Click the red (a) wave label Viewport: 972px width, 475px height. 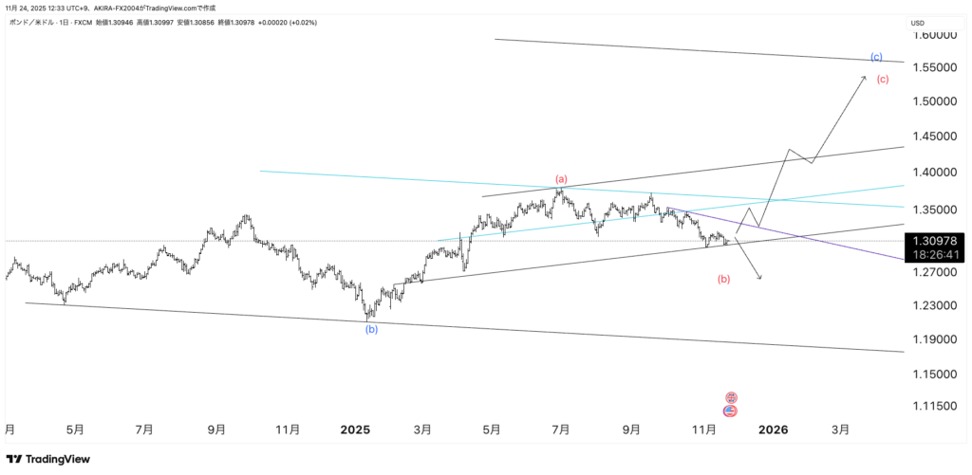561,179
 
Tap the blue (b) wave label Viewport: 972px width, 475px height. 372,329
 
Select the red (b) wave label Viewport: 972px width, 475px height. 724,279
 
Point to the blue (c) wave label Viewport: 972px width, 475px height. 876,57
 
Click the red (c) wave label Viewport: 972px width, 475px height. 883,79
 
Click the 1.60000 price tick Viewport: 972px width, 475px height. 934,35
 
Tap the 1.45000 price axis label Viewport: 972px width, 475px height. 934,137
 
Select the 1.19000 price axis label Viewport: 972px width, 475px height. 934,339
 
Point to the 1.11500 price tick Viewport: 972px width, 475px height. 934,406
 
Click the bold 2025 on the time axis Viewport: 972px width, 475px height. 355,429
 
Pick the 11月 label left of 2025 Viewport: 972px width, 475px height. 288,429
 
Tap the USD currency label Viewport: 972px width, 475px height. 918,23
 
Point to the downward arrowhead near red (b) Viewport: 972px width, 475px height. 759,276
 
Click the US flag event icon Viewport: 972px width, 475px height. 731,411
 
